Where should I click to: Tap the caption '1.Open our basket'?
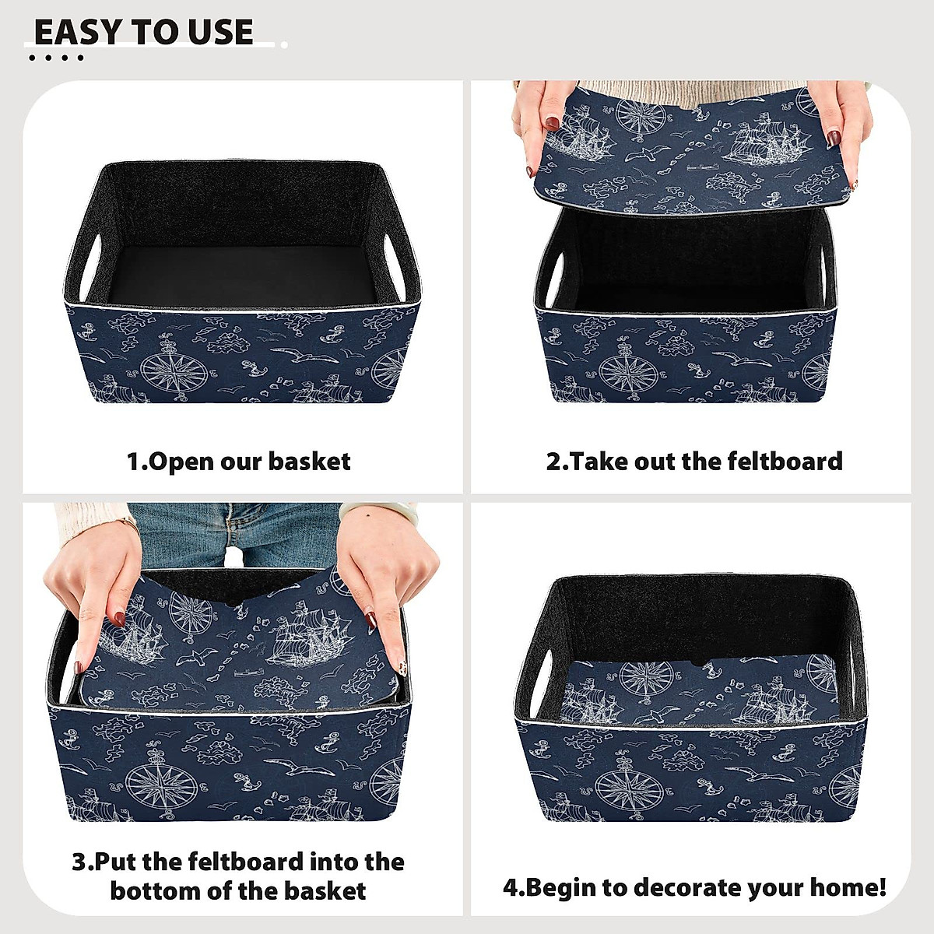pos(238,462)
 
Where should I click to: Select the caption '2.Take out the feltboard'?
pos(694,462)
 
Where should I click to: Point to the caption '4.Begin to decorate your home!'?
pos(694,887)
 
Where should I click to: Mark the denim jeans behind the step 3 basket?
pos(233,533)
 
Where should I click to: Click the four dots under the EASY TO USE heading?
pos(55,58)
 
